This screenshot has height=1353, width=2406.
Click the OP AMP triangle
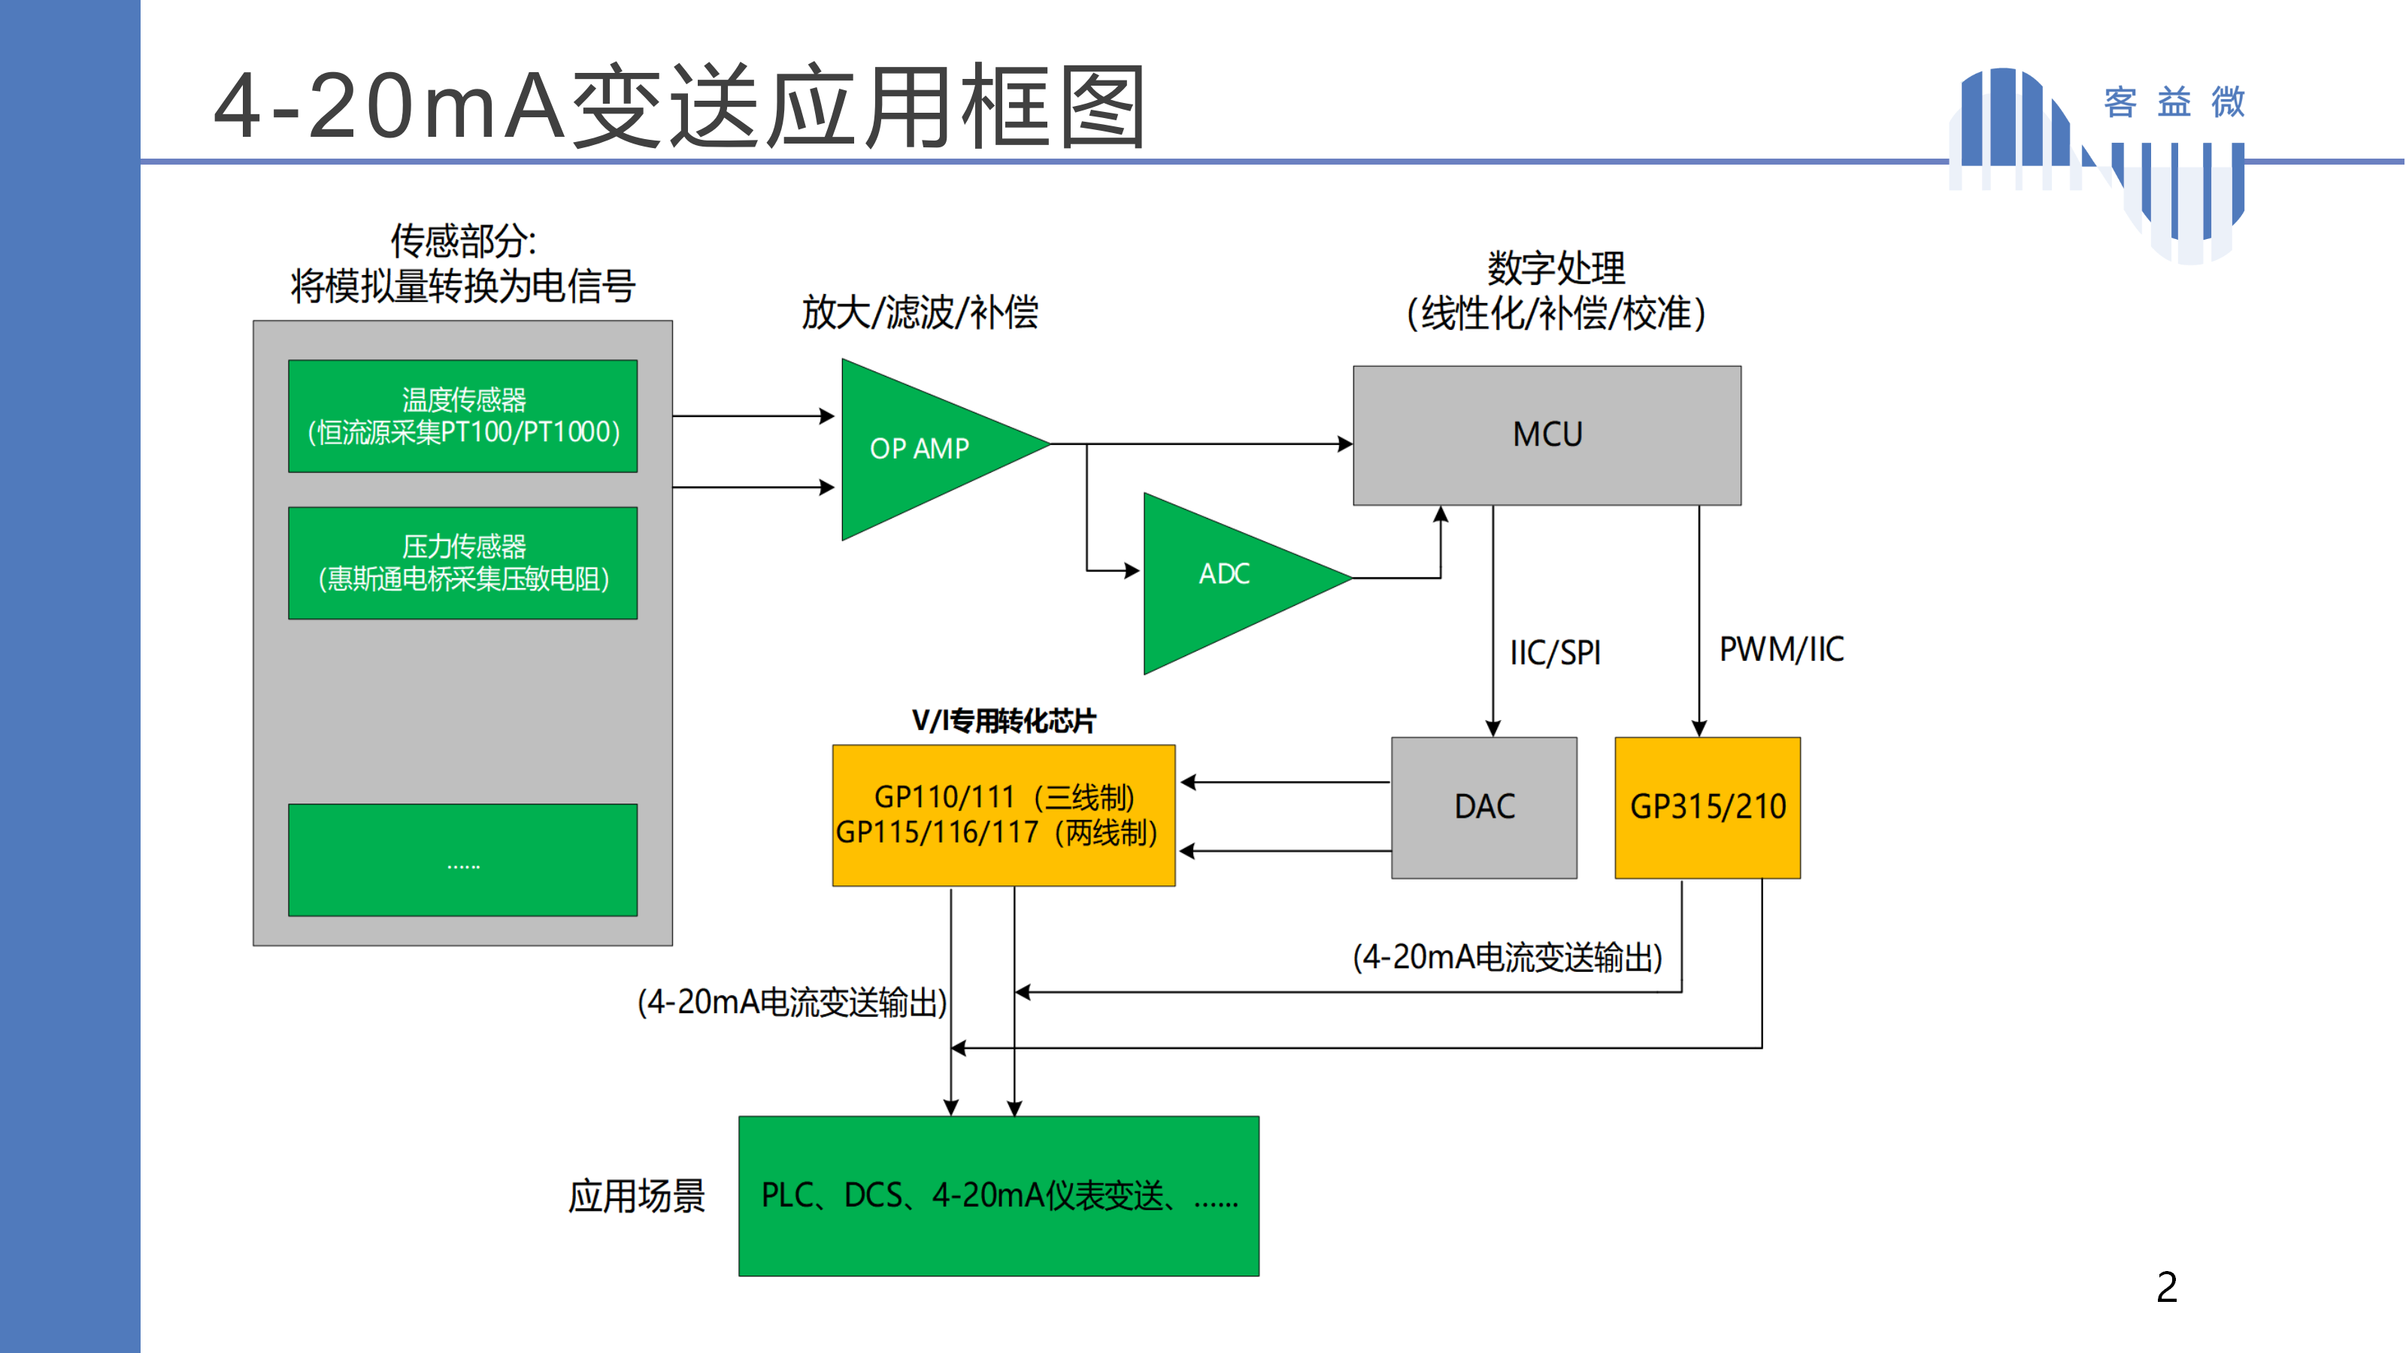(x=925, y=449)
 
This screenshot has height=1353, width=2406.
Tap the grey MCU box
(x=1547, y=435)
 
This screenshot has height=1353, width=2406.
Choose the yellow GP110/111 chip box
(x=1004, y=815)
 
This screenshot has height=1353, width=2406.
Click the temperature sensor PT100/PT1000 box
(x=463, y=416)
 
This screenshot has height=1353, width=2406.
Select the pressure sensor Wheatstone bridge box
(x=463, y=563)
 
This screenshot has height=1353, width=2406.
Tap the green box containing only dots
(x=463, y=860)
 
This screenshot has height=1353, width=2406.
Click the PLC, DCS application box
(x=998, y=1196)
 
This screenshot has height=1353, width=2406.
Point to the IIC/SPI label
(x=1555, y=652)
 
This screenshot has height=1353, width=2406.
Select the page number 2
(x=2167, y=1288)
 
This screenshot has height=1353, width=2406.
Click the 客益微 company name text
(x=2174, y=101)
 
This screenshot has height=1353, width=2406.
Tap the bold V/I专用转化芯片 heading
(x=1004, y=721)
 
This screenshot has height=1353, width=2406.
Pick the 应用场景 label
(x=637, y=1196)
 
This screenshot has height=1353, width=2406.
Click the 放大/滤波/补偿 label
(x=920, y=312)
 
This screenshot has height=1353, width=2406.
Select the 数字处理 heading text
(x=1556, y=269)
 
